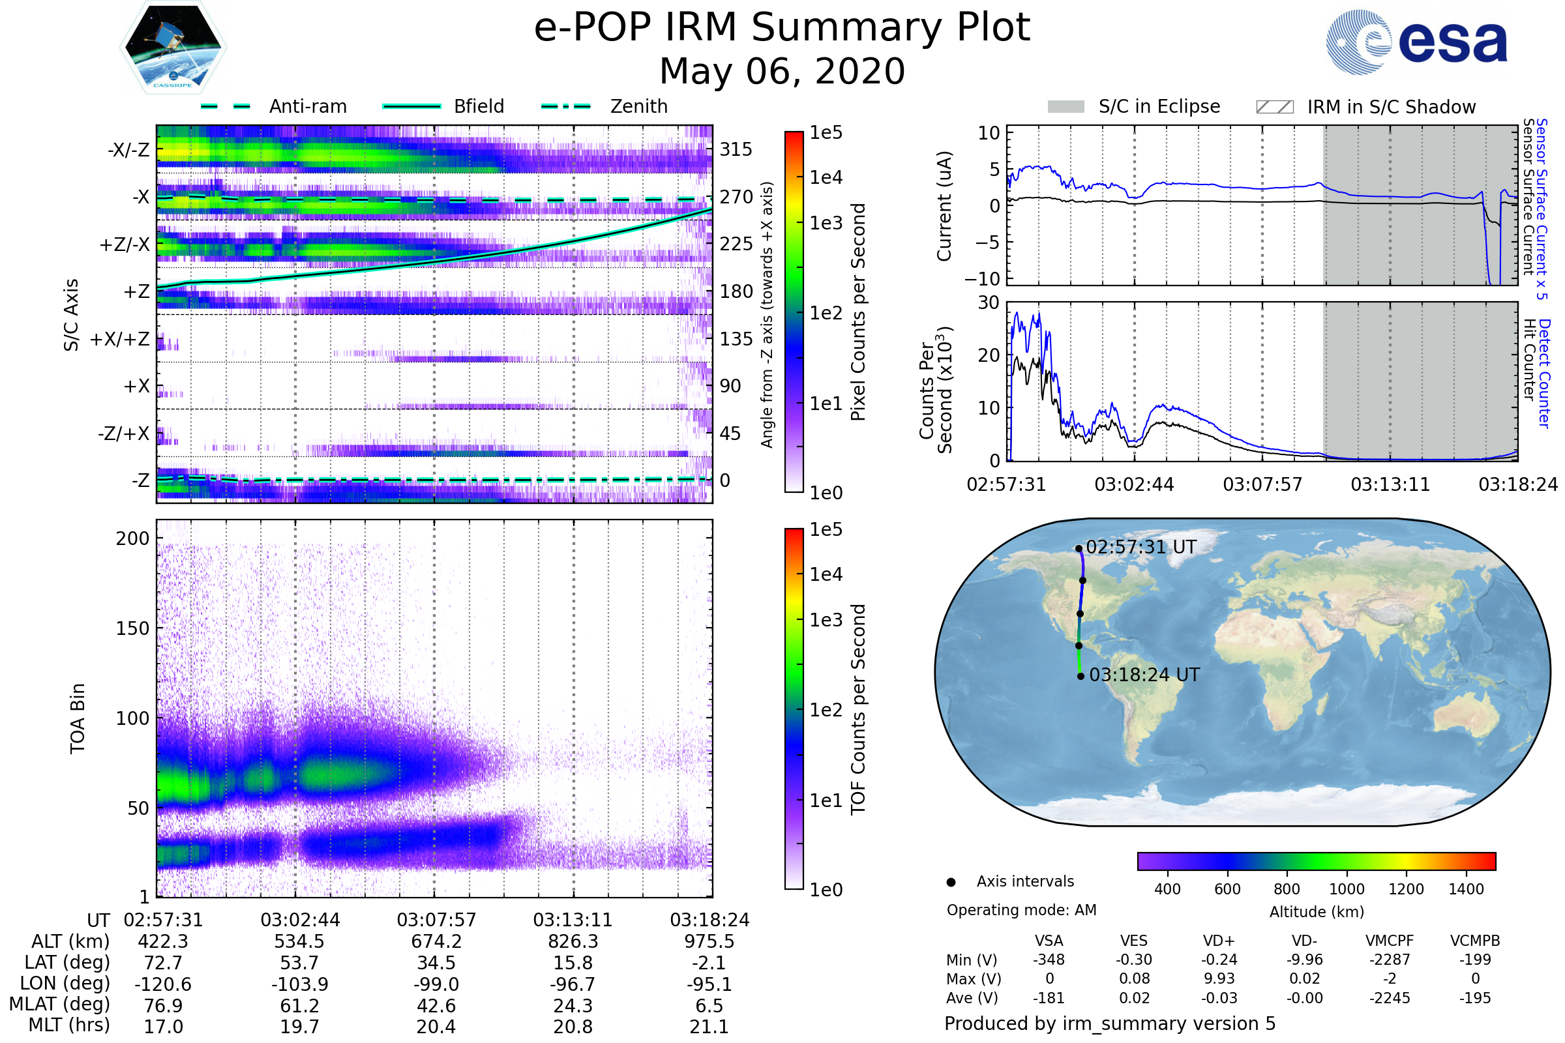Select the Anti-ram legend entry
click(x=273, y=106)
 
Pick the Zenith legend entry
click(x=604, y=106)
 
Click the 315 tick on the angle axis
click(x=736, y=149)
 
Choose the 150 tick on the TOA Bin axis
click(x=132, y=628)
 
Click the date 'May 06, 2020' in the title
click(x=782, y=71)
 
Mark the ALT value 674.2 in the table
click(x=436, y=942)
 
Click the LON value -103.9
click(x=299, y=984)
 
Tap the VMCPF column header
click(x=1390, y=941)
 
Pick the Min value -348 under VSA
click(x=1049, y=960)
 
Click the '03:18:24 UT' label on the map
click(x=1144, y=675)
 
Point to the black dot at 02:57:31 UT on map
click(x=1079, y=549)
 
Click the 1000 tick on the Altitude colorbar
click(x=1346, y=889)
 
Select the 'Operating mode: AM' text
click(x=1021, y=910)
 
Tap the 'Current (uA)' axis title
click(x=944, y=206)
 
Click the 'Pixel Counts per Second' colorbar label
click(x=858, y=312)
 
